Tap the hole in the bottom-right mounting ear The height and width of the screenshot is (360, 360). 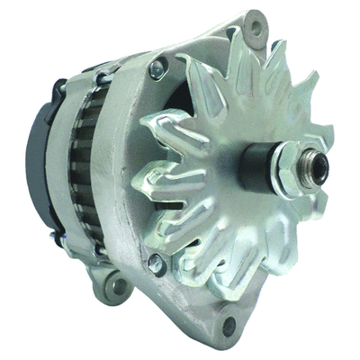click(x=229, y=323)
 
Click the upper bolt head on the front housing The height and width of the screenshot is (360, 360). click(x=158, y=67)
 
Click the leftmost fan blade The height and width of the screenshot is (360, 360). click(x=144, y=171)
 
